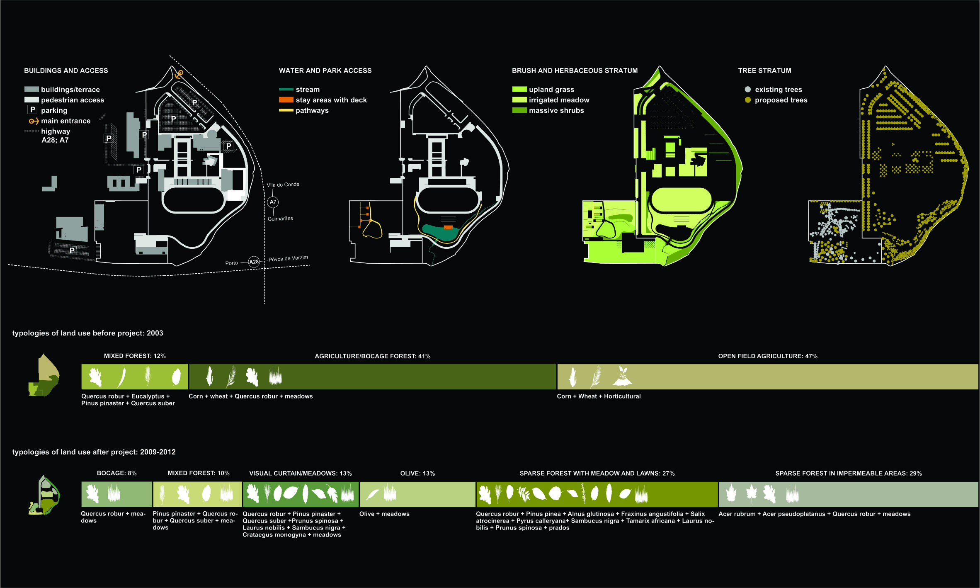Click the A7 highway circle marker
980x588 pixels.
coord(273,202)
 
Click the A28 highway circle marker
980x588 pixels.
coord(254,262)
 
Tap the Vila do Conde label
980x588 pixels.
coord(283,185)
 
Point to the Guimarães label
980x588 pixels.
coord(280,219)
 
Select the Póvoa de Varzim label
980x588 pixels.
coord(288,258)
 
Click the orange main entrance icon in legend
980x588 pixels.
coord(34,121)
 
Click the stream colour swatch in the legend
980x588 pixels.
coord(286,89)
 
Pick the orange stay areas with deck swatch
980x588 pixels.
coord(286,100)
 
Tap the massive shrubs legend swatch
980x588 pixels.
coord(519,110)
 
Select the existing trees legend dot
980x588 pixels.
coord(748,89)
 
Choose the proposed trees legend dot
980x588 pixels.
coord(748,100)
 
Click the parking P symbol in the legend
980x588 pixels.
coord(32,110)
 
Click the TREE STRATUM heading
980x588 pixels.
coord(764,70)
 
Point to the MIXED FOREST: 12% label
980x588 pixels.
coord(135,356)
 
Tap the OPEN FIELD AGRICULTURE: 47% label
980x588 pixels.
coord(768,356)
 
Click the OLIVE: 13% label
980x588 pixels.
coord(417,473)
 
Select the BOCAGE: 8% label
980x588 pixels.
coord(116,473)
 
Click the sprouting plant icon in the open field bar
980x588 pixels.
coord(622,376)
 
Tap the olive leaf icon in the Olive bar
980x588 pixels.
coord(372,494)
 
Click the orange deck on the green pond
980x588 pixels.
coord(448,227)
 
